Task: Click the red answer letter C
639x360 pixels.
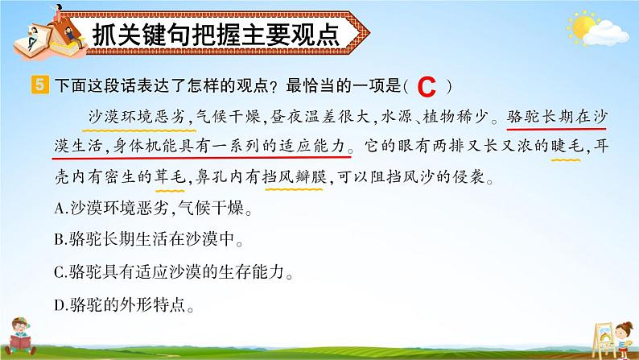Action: tap(427, 87)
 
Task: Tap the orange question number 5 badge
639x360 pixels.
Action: tap(39, 85)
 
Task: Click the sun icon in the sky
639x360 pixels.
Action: tap(582, 27)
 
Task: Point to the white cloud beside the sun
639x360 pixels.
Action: tap(606, 34)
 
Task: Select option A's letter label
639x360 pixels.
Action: tap(60, 209)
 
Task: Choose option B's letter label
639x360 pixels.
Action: tap(59, 240)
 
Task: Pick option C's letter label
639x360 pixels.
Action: tap(59, 272)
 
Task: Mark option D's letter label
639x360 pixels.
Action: tap(60, 305)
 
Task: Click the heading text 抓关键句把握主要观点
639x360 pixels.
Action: tap(216, 35)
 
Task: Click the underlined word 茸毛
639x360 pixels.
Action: tap(171, 177)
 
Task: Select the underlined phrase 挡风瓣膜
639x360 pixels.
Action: tap(295, 177)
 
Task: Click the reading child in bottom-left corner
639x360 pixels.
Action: tap(20, 337)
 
